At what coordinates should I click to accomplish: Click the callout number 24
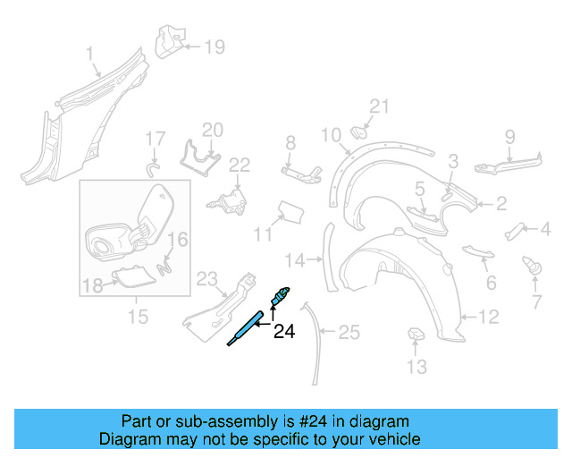tap(283, 332)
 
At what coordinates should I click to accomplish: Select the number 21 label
tap(380, 107)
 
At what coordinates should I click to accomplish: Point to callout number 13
tap(417, 367)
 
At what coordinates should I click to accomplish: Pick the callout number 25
tap(349, 333)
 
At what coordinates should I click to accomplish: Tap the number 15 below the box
tap(137, 317)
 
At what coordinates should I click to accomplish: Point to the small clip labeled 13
tap(416, 335)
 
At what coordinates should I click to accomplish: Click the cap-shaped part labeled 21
tap(360, 132)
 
